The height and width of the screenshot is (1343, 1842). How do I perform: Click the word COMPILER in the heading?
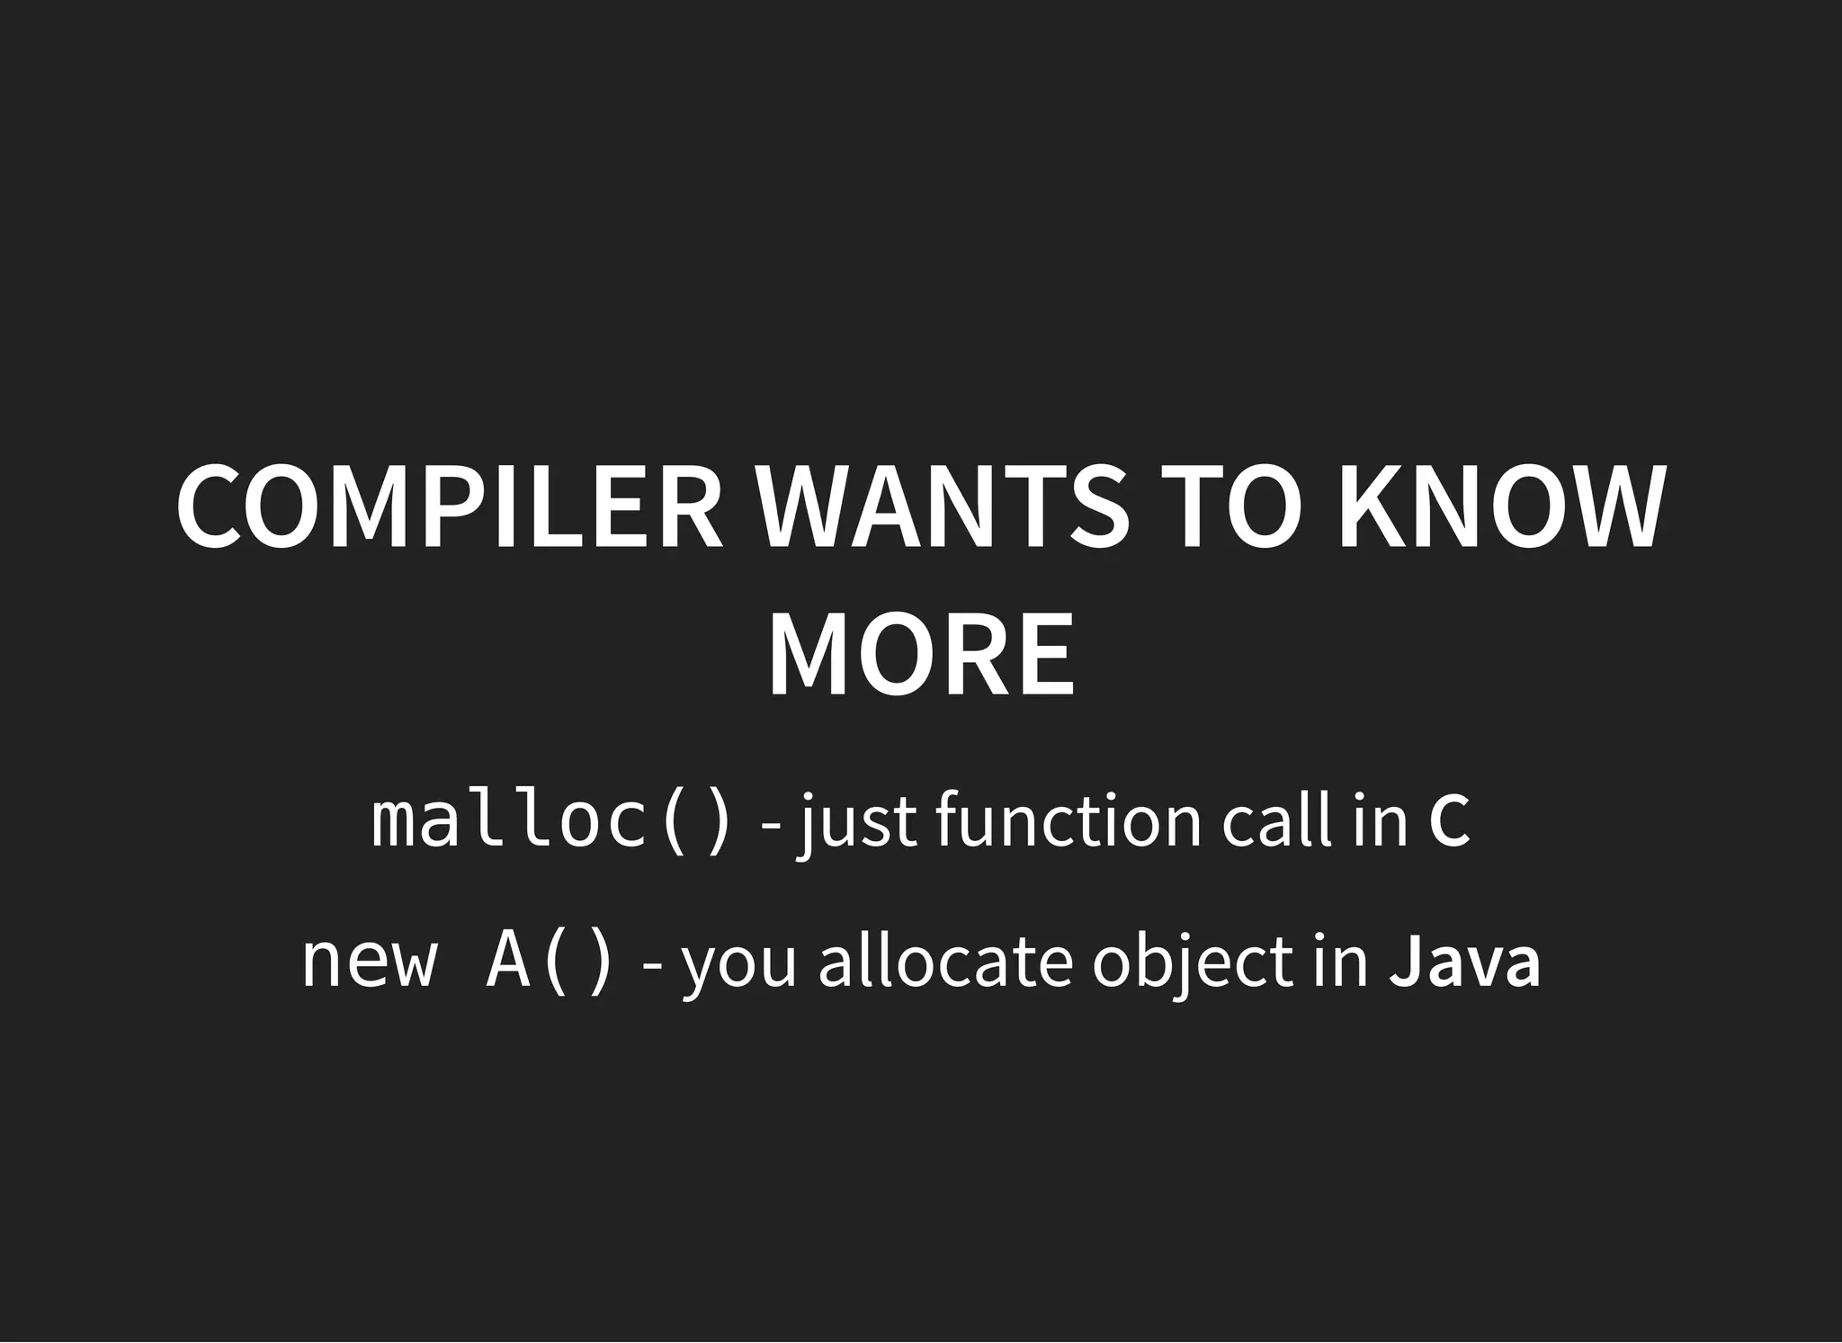click(x=450, y=506)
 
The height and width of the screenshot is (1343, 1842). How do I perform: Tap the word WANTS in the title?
click(x=943, y=506)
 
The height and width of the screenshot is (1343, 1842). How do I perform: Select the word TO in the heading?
click(x=1231, y=506)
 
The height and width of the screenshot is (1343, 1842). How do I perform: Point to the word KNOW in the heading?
click(x=1499, y=506)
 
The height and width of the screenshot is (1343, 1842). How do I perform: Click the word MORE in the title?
click(x=920, y=654)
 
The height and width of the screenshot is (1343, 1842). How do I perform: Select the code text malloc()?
click(x=551, y=820)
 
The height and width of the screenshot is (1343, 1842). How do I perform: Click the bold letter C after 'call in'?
click(x=1449, y=820)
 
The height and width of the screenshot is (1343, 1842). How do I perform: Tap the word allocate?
click(x=945, y=961)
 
